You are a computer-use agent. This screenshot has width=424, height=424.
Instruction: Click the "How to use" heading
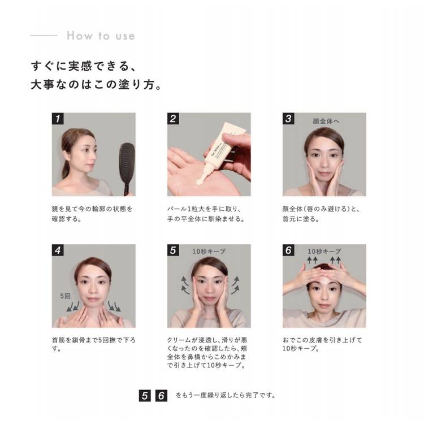pos(101,36)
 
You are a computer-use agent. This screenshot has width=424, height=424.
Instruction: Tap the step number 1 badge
pos(58,119)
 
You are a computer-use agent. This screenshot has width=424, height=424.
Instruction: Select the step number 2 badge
pos(173,119)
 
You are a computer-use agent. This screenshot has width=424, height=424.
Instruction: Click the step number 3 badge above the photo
pos(288,119)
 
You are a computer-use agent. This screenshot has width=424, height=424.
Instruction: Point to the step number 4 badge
pos(58,250)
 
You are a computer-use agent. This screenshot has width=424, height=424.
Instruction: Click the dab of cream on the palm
pos(200,181)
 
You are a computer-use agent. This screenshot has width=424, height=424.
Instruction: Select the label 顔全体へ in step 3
pos(326,121)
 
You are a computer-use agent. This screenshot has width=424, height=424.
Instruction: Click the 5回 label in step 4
pos(65,296)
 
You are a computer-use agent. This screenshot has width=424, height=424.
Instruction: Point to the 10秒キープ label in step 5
pos(209,252)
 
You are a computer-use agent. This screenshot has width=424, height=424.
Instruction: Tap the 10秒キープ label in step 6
pos(325,252)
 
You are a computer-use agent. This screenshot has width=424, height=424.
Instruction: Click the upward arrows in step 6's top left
pos(312,260)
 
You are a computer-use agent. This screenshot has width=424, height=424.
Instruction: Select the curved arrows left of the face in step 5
pos(185,285)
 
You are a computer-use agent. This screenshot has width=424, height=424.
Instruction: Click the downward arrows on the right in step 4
pos(114,306)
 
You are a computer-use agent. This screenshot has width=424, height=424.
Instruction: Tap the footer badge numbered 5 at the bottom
pos(145,396)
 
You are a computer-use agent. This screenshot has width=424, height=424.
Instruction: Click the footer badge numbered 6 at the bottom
pos(161,396)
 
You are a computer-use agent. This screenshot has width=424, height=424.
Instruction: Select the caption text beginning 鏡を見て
pos(92,214)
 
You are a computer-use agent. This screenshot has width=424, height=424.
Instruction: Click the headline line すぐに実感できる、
pos(84,66)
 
